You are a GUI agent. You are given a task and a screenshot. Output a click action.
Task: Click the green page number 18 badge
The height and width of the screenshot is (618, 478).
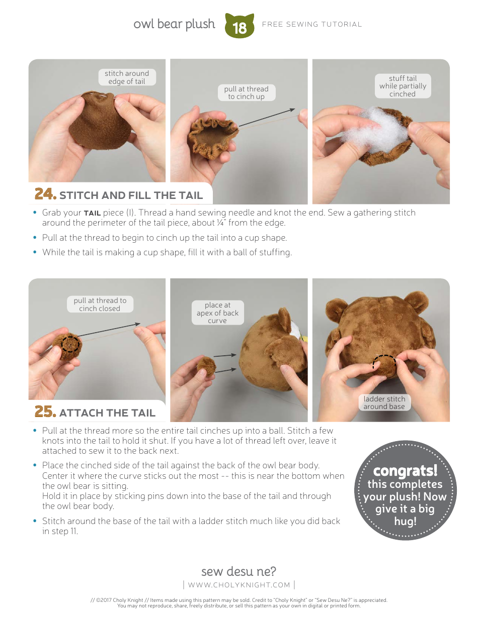pyautogui.click(x=240, y=26)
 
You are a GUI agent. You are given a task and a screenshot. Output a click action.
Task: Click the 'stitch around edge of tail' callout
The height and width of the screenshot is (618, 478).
pyautogui.click(x=127, y=77)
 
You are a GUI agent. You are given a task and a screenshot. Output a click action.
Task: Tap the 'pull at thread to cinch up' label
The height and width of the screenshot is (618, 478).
pyautogui.click(x=246, y=93)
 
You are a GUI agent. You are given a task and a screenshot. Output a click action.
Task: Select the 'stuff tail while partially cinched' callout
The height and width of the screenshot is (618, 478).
pyautogui.click(x=403, y=86)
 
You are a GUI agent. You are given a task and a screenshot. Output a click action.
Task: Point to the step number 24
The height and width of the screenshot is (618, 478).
pyautogui.click(x=45, y=194)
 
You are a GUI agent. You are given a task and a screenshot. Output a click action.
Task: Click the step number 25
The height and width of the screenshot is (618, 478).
pyautogui.click(x=45, y=411)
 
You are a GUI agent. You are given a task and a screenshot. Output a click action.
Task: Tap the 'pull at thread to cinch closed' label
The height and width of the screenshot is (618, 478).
pyautogui.click(x=100, y=304)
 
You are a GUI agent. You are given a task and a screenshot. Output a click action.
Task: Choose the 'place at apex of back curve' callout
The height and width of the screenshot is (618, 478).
pyautogui.click(x=217, y=313)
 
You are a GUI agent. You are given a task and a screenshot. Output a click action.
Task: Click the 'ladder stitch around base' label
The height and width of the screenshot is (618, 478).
pyautogui.click(x=384, y=402)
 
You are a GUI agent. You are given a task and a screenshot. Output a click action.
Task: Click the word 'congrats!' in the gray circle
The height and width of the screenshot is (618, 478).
pyautogui.click(x=405, y=471)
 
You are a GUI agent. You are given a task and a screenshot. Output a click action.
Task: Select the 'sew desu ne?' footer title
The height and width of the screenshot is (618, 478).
pyautogui.click(x=238, y=571)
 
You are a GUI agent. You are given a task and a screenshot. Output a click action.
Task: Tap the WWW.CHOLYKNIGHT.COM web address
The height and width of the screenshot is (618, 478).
pyautogui.click(x=239, y=585)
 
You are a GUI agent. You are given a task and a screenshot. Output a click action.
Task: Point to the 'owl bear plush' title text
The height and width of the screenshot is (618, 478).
pyautogui.click(x=174, y=24)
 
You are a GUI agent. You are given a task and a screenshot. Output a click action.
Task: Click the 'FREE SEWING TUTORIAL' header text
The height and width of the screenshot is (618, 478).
pyautogui.click(x=312, y=24)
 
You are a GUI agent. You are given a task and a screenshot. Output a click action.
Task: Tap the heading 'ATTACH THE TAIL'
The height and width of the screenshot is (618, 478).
pyautogui.click(x=107, y=413)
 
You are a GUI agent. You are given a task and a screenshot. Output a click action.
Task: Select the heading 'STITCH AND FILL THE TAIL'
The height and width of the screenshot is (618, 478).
pyautogui.click(x=131, y=195)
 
